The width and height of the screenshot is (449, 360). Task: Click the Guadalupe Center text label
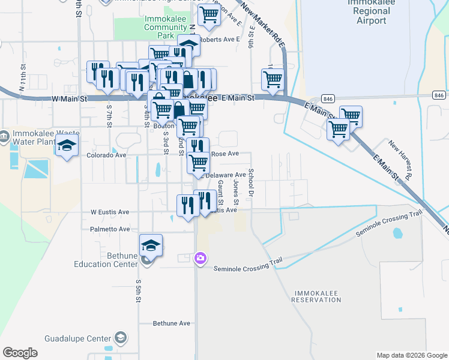coord(78,338)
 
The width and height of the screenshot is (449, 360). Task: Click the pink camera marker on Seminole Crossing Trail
coord(200,259)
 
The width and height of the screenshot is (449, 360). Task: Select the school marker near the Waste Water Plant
coord(67,146)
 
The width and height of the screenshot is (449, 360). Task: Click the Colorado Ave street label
coord(106,155)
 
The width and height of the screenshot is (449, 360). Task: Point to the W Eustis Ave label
coord(110,212)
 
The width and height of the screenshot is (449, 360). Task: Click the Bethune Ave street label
coord(171,323)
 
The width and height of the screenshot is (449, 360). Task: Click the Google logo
coord(20,353)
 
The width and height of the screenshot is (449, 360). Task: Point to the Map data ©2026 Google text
coord(411,355)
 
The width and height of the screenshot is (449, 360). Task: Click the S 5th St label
coord(138,290)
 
